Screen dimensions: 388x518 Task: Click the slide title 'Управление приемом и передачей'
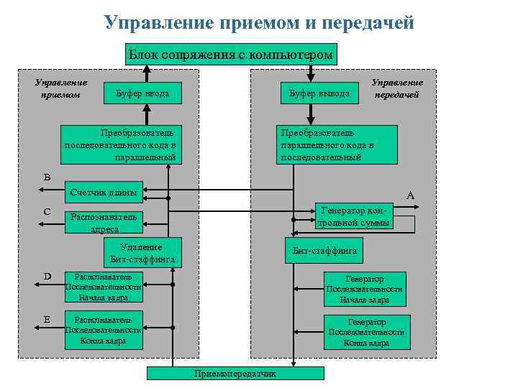259,23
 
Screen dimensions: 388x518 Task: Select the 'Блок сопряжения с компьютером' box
230,55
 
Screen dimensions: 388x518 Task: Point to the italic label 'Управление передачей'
397,88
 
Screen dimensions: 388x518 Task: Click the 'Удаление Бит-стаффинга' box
142,252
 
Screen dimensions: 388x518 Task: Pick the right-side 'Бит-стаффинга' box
324,251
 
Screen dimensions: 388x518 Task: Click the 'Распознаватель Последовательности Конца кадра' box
103,330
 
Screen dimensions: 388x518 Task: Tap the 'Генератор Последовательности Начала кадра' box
364,289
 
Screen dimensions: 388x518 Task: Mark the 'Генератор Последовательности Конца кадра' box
366,332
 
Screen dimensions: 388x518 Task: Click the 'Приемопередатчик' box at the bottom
235,374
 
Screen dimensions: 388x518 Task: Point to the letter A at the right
410,195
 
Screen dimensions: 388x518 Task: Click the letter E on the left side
47,318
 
